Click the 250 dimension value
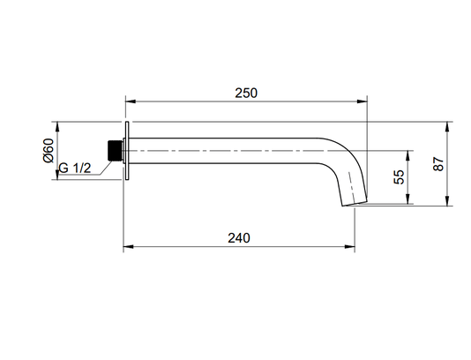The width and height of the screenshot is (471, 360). point(246,94)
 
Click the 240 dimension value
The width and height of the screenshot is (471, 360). point(239,238)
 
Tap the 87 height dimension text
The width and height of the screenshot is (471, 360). point(438,164)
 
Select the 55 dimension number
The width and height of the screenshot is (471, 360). point(399,177)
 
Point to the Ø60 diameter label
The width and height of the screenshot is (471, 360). point(49,151)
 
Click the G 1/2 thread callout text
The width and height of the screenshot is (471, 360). point(74,168)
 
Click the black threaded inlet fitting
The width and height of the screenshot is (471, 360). point(115,151)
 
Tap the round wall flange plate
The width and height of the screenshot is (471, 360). point(127,151)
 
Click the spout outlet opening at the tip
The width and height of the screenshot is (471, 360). point(355,204)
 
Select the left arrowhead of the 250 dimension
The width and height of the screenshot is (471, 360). point(131,101)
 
